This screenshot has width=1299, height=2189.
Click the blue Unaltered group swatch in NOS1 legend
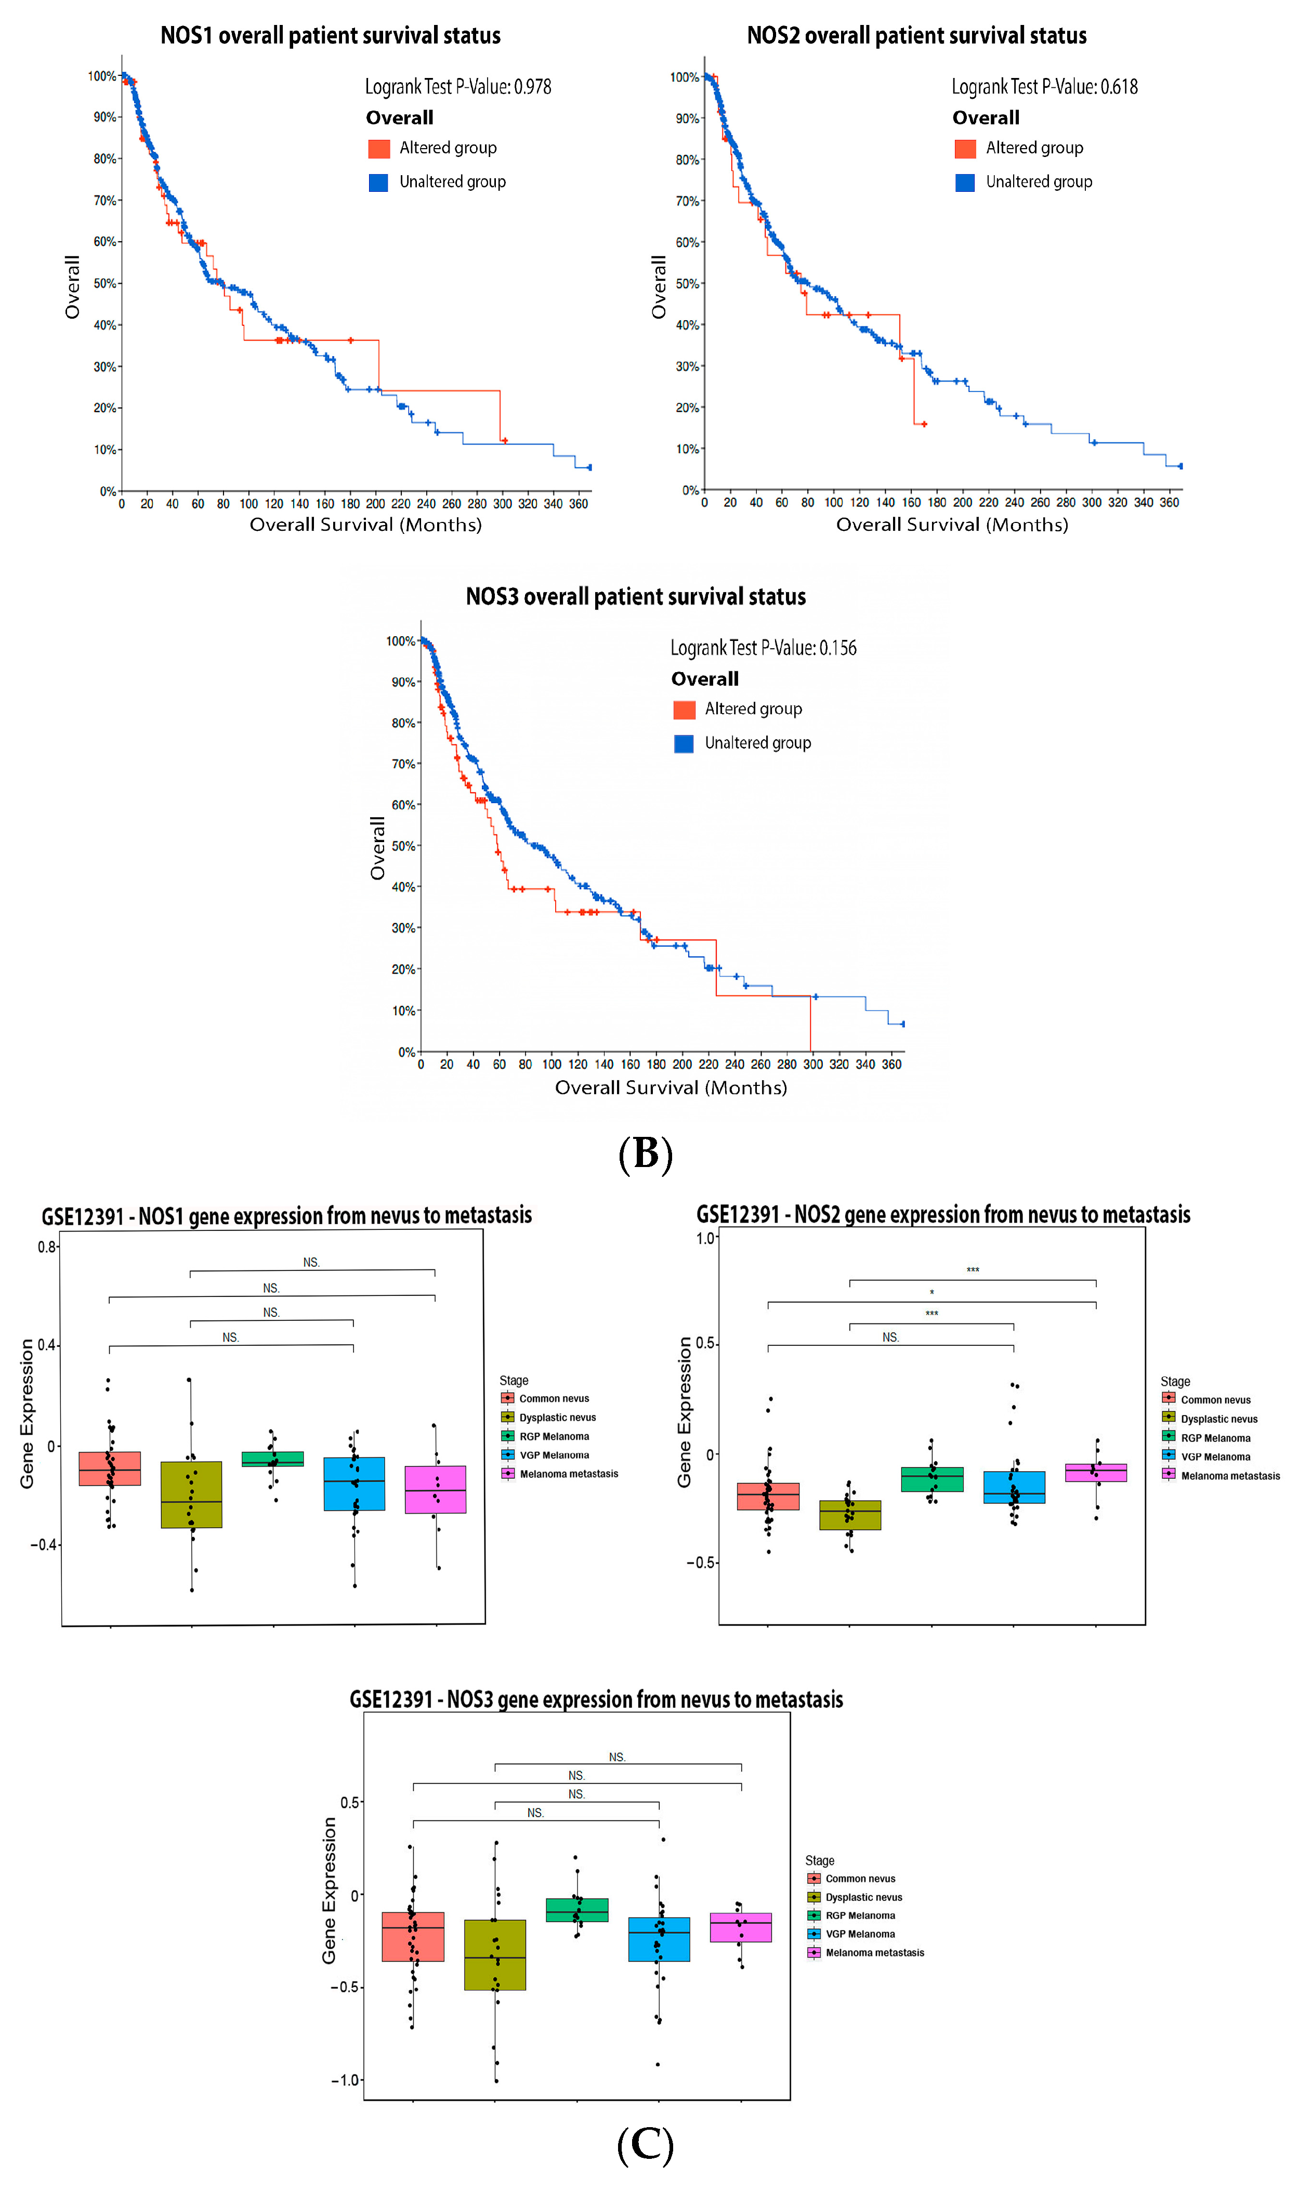pos(378,182)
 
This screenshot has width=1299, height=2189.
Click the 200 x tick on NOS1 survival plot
pos(375,504)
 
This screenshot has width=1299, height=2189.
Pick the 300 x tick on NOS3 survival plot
pos(812,1064)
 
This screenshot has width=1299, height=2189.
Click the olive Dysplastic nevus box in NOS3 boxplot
pos(494,1955)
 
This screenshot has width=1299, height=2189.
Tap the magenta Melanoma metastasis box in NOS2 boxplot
pos(1095,1472)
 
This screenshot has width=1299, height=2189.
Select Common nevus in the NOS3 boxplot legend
pos(860,1878)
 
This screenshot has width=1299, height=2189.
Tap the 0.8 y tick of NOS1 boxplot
pos(47,1247)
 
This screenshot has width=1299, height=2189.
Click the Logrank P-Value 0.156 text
pos(763,648)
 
